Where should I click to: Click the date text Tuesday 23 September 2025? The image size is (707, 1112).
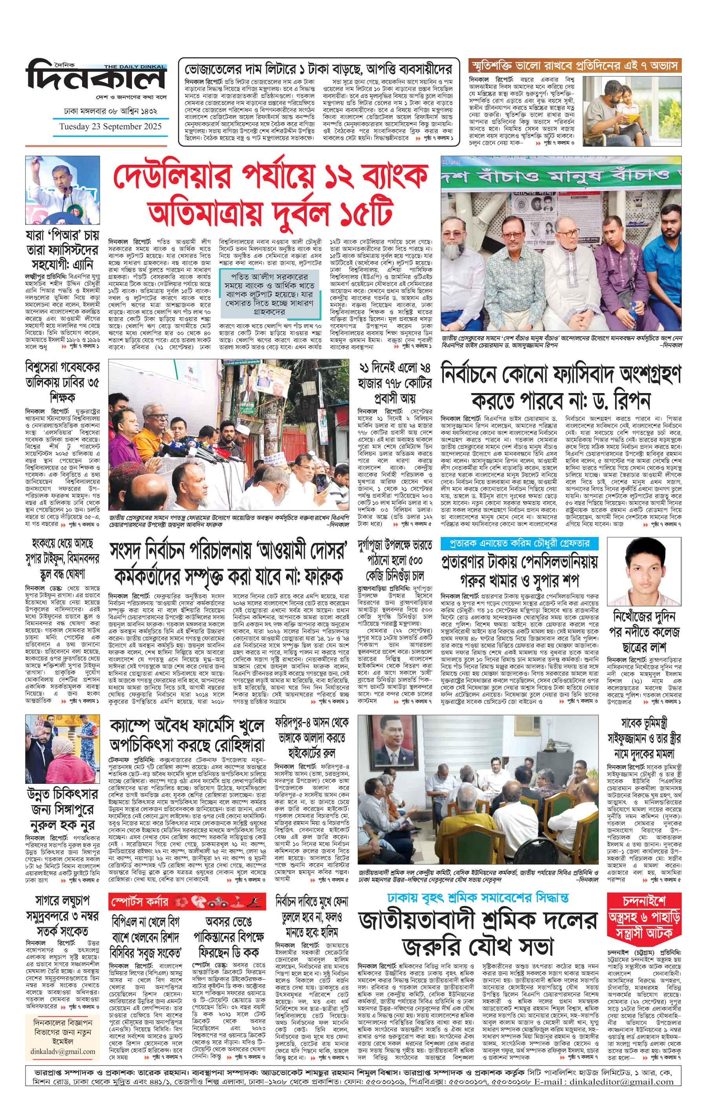pos(110,127)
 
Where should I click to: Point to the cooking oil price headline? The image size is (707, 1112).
pos(319,69)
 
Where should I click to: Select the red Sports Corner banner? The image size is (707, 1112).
pos(187,901)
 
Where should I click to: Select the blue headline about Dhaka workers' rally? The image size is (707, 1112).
pos(478,898)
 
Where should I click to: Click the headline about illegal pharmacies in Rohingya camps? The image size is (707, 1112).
pos(187,736)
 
